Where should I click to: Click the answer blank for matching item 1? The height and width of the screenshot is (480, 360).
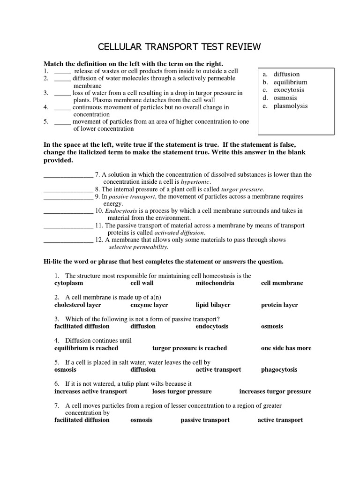tap(62, 72)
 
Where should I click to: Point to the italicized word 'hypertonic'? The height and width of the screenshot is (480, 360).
tap(195, 182)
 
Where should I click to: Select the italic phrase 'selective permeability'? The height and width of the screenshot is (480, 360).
tap(138, 247)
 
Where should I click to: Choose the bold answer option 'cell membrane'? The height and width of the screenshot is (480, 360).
tap(282, 283)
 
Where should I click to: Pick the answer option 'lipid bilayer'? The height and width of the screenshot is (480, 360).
tap(213, 305)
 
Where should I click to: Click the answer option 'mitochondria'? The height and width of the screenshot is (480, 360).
tap(215, 283)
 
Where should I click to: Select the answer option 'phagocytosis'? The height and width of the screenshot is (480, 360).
tap(279, 370)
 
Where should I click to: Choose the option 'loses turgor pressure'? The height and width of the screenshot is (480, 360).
tap(182, 391)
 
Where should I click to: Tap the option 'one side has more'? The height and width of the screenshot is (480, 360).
tap(286, 348)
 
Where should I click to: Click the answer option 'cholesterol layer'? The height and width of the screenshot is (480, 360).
tap(78, 305)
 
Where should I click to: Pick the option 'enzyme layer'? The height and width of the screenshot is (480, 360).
tap(149, 305)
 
